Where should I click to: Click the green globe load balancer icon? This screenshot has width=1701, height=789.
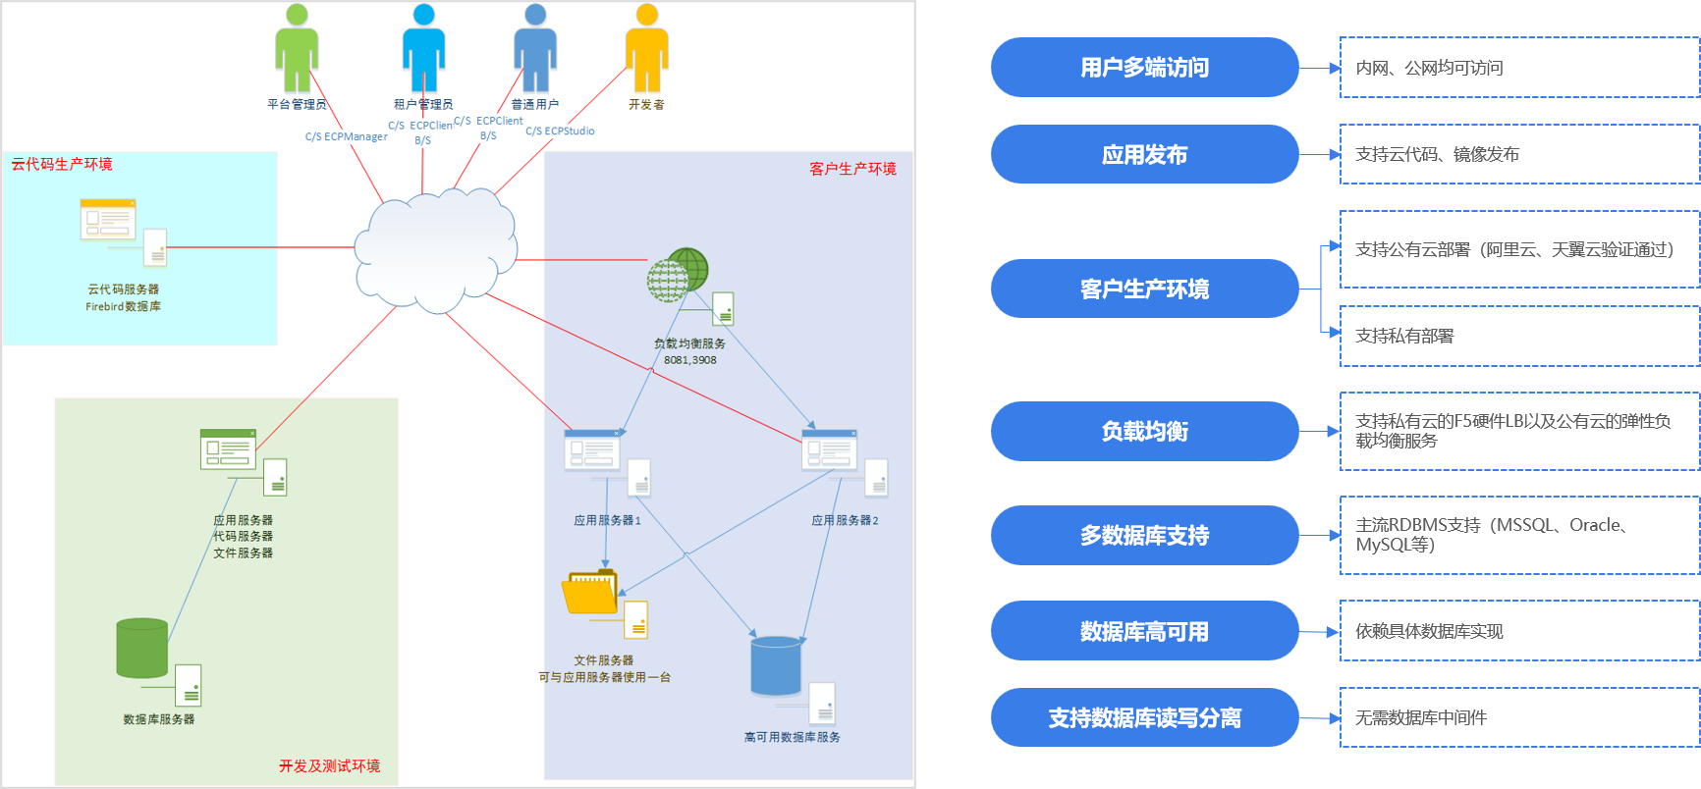click(678, 275)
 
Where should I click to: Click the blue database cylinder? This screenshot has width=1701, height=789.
click(776, 665)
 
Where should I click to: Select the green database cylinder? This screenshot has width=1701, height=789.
click(141, 648)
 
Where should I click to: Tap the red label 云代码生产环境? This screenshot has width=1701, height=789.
click(62, 164)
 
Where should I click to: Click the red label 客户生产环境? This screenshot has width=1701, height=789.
click(852, 169)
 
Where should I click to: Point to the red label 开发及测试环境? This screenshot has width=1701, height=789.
click(329, 765)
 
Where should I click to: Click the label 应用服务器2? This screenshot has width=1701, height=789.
click(845, 520)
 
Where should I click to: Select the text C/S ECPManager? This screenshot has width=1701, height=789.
click(346, 136)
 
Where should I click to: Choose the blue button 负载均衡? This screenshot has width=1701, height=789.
click(1144, 431)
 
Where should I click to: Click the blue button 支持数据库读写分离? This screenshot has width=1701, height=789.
click(1144, 717)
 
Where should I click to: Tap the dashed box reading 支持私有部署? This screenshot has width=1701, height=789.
click(1518, 336)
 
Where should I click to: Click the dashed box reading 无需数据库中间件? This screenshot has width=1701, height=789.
click(1518, 717)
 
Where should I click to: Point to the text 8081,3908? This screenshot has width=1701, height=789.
click(689, 360)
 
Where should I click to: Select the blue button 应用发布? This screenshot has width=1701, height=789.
click(1144, 154)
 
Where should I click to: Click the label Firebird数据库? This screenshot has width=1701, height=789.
click(123, 306)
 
